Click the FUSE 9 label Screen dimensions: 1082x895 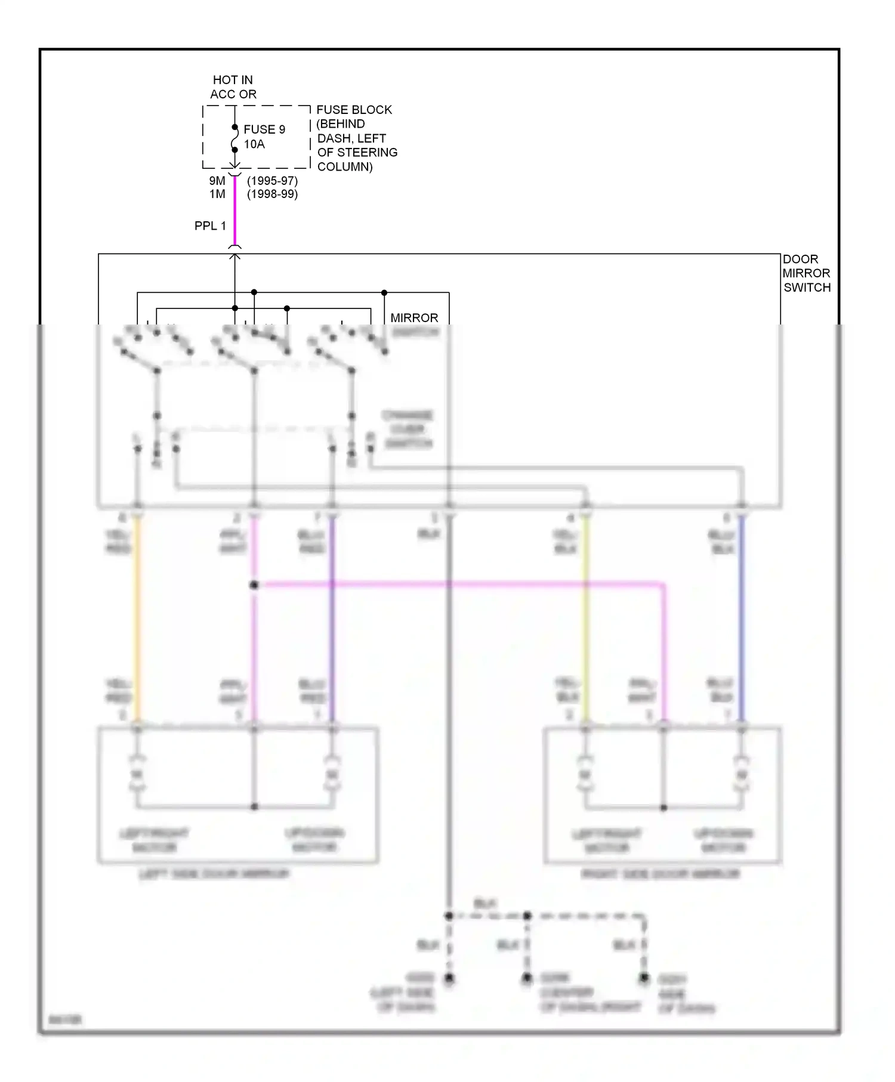point(264,129)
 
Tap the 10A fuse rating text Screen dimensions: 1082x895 point(254,144)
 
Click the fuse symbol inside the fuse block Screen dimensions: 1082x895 point(234,138)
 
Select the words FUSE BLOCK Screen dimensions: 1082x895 point(354,110)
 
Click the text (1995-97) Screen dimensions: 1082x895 point(272,181)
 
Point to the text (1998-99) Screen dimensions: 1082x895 point(272,194)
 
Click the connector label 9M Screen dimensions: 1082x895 point(217,181)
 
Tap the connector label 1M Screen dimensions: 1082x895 point(217,194)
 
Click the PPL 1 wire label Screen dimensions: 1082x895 point(210,226)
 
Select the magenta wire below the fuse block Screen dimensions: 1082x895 point(234,212)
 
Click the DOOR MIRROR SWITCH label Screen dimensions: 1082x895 point(806,273)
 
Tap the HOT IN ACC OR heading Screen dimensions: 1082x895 point(233,87)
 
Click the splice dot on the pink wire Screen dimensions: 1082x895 point(254,585)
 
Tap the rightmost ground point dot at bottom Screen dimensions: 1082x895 point(644,978)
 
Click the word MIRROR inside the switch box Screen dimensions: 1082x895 point(414,318)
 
